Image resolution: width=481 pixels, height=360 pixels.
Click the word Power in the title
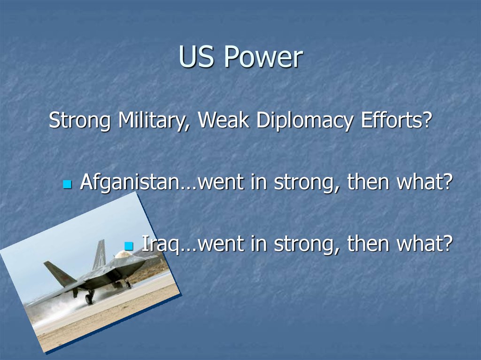[263, 57]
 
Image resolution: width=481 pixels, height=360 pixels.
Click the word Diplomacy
[304, 120]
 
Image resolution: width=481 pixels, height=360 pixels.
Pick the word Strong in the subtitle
[79, 121]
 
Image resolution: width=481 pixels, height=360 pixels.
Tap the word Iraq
[161, 244]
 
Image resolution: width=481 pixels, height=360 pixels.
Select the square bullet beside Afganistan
[68, 184]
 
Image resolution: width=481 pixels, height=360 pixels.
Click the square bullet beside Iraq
[129, 245]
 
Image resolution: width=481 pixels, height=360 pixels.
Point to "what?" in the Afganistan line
[425, 182]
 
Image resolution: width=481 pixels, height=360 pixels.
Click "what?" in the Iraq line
[425, 243]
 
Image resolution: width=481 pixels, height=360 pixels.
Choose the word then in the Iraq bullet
[368, 243]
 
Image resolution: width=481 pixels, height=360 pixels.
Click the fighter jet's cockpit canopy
[123, 254]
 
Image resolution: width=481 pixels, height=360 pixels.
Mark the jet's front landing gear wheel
[89, 299]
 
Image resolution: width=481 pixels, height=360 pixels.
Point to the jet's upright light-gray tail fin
[100, 254]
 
